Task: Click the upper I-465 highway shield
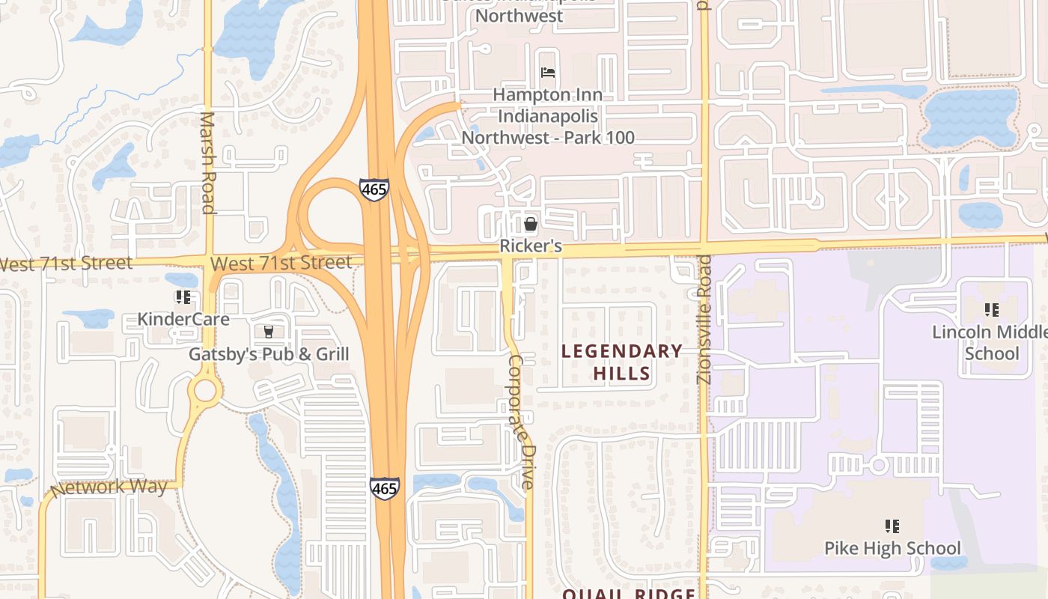(x=374, y=189)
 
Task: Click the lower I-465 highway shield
(x=384, y=488)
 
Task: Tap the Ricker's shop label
(x=531, y=246)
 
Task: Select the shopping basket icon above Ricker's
(x=531, y=223)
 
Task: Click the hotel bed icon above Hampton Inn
(x=548, y=73)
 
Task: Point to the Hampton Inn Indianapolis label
(x=548, y=117)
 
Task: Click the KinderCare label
(x=183, y=319)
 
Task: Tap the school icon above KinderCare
(x=183, y=297)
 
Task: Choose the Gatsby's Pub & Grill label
(x=269, y=354)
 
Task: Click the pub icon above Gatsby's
(x=268, y=331)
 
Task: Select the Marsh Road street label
(x=208, y=162)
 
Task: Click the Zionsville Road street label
(x=704, y=319)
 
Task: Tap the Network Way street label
(x=109, y=487)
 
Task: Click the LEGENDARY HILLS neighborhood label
(x=622, y=362)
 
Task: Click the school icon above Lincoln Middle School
(x=992, y=309)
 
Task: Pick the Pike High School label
(x=892, y=548)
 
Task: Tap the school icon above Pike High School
(x=892, y=526)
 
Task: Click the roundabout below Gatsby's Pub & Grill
(x=204, y=390)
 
